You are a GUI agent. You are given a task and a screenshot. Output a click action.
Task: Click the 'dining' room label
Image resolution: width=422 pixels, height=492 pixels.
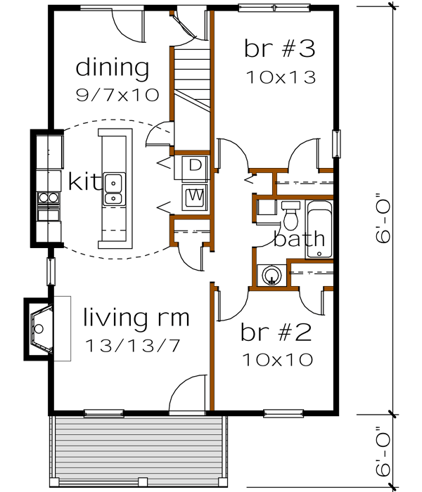coord(113,69)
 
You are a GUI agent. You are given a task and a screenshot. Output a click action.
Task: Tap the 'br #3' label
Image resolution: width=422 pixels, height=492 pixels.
coord(279,49)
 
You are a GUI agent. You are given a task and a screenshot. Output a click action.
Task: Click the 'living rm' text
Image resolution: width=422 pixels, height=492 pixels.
coord(136,318)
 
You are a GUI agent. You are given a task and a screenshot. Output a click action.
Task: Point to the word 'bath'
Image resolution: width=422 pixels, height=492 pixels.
coord(300,239)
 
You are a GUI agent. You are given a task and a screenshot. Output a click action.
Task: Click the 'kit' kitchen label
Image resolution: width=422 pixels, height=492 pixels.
coord(84,181)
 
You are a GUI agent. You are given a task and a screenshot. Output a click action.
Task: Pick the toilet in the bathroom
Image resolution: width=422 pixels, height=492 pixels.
coord(290,214)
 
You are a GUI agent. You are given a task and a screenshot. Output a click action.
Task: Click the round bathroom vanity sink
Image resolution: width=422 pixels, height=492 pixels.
coord(269,275)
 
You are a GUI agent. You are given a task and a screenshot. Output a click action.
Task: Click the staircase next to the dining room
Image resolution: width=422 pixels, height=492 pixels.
coord(192,77)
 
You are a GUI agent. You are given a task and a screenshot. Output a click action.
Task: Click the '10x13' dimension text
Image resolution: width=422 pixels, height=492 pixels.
coord(279,76)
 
